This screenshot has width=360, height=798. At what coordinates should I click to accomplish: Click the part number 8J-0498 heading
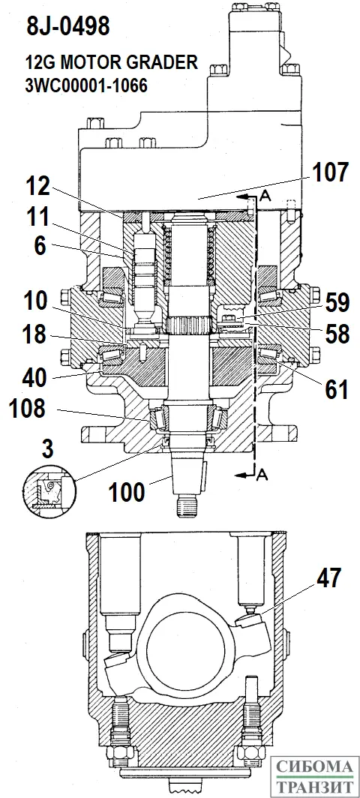[x=67, y=27]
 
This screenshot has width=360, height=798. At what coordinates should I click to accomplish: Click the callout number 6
[x=40, y=246]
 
